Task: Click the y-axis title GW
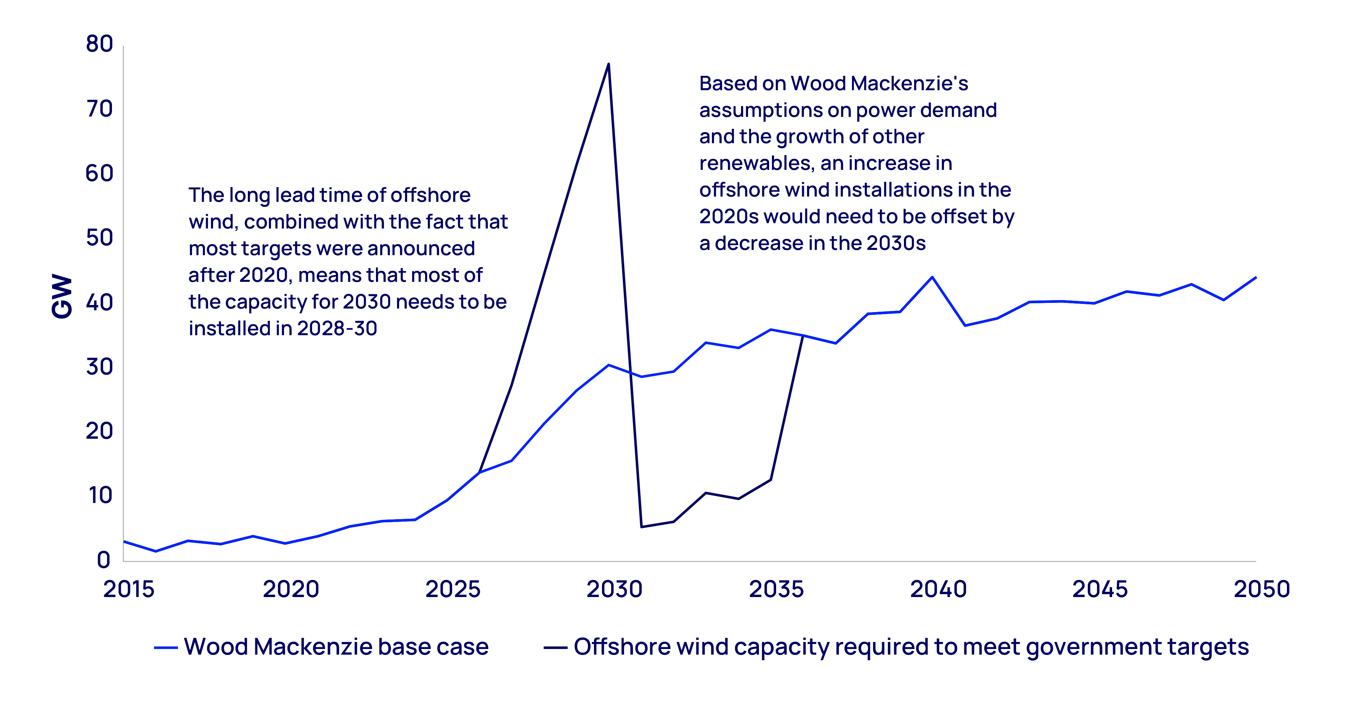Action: (62, 296)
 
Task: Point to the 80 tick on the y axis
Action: (99, 44)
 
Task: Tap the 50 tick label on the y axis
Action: (99, 238)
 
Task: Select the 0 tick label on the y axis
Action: (104, 560)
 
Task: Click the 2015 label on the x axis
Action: (129, 590)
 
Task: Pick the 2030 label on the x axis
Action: (614, 590)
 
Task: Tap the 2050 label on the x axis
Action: (1261, 590)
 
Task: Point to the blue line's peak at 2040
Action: (932, 277)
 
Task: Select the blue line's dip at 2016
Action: (156, 551)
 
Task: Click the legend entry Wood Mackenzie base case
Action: (336, 647)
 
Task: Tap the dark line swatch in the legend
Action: (555, 648)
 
